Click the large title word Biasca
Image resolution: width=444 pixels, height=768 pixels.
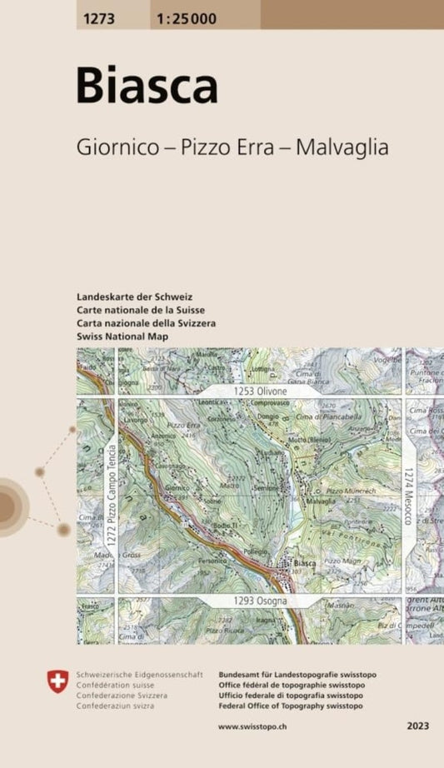point(147,85)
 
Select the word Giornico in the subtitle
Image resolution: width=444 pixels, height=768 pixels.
point(116,148)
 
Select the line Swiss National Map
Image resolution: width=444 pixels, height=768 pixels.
point(122,336)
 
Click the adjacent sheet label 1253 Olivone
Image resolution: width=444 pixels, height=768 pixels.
point(259,391)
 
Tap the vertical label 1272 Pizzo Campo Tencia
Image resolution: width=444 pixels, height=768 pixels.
point(108,493)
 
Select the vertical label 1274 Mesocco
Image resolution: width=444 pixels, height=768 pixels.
point(409,495)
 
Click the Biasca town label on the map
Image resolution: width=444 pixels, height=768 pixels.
point(304,563)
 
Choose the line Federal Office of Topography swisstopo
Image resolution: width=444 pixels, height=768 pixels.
point(290,706)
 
